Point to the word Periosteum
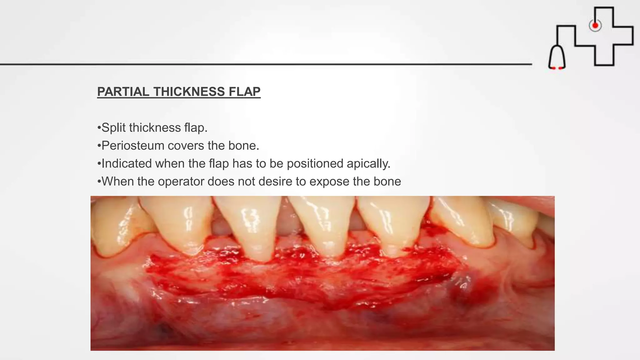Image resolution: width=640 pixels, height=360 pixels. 133,146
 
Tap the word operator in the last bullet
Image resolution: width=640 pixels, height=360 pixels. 181,181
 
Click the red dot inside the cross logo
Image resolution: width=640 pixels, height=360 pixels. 595,25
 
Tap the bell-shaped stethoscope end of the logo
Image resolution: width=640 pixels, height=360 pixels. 557,58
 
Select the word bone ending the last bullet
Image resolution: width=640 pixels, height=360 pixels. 387,181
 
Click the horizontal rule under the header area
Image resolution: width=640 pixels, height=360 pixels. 266,64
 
